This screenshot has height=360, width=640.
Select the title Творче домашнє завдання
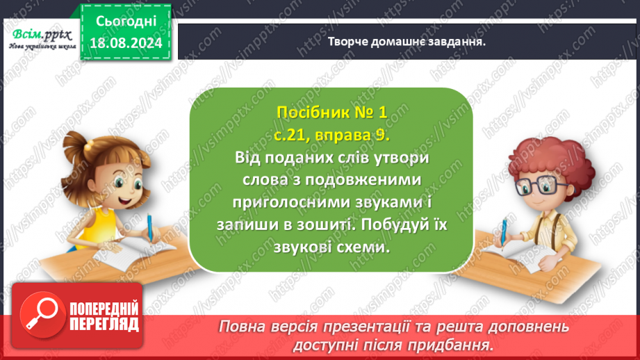[x=406, y=41]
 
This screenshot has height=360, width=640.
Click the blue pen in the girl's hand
[x=149, y=225]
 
